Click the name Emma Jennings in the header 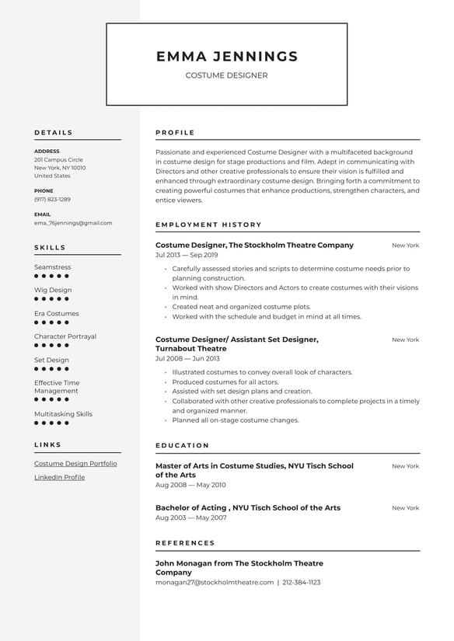(226, 56)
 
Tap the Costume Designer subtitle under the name (226, 75)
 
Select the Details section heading (54, 133)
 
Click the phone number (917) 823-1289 (52, 200)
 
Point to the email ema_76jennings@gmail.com (73, 223)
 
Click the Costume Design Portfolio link (75, 464)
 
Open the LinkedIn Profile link (59, 477)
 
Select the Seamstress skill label (52, 267)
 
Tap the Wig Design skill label (53, 291)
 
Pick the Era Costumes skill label (56, 314)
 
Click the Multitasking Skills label (63, 414)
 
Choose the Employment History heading (208, 225)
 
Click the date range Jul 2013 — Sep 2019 (187, 255)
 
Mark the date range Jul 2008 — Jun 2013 (187, 359)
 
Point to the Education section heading (182, 446)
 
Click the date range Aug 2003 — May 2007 (191, 517)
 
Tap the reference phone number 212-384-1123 (302, 582)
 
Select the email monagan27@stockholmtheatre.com (215, 582)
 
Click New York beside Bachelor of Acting (405, 508)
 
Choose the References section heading (185, 543)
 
